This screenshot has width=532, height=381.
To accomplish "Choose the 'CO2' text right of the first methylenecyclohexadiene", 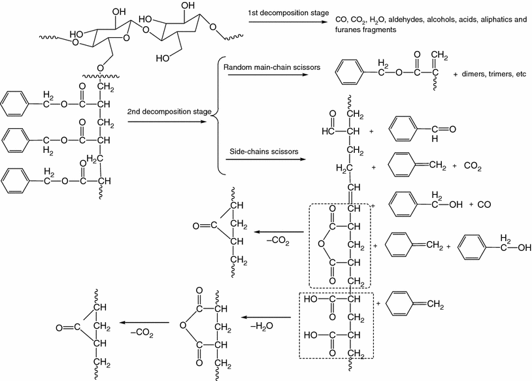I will (x=473, y=167).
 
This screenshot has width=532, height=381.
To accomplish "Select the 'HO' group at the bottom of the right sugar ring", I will (x=165, y=58).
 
